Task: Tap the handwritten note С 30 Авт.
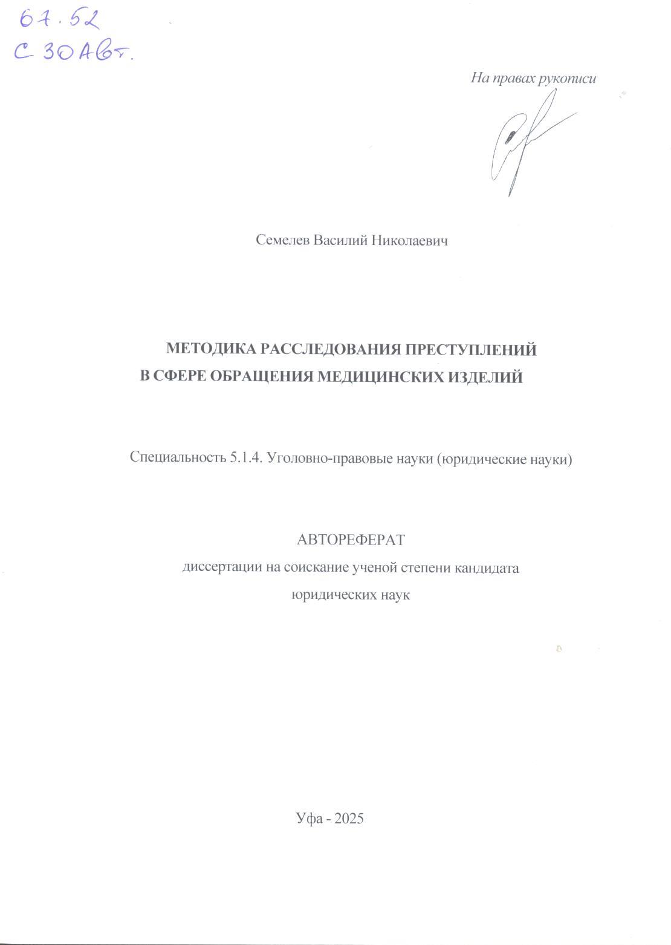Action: [73, 54]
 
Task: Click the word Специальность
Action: [178, 459]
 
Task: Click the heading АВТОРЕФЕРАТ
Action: [351, 540]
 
